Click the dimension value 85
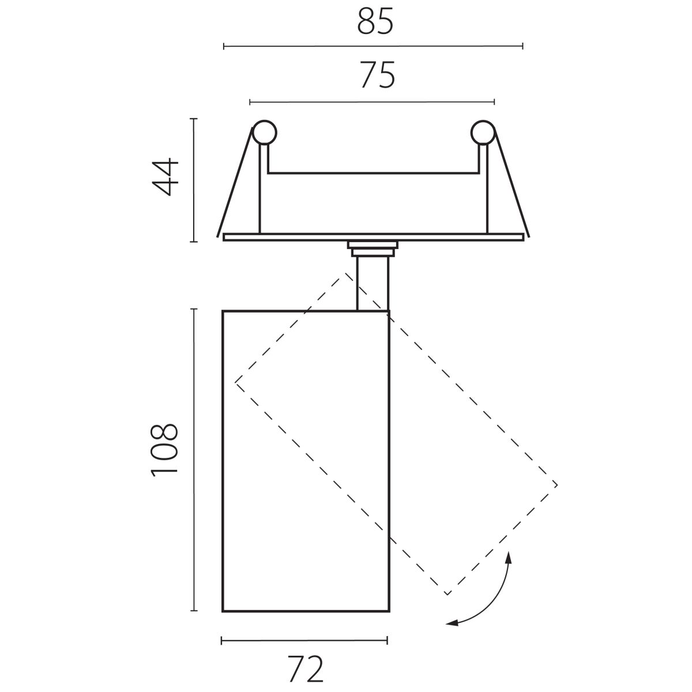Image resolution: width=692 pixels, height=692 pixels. [375, 21]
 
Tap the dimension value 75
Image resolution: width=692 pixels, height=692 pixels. [377, 75]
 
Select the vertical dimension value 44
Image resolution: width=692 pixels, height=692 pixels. [165, 177]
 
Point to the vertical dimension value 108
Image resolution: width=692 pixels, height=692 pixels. [164, 450]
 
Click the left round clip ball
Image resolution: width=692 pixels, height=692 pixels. [264, 133]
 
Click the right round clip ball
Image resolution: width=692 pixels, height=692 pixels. [483, 133]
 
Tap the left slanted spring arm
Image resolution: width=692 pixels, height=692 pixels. [235, 182]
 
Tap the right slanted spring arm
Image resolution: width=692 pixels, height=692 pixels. [512, 182]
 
